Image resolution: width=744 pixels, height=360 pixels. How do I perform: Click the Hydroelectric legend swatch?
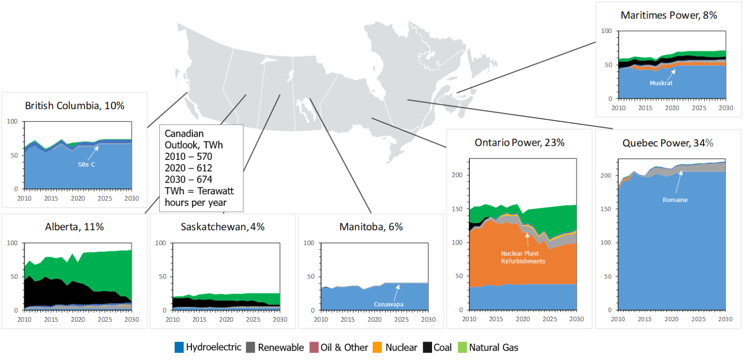(x=179, y=347)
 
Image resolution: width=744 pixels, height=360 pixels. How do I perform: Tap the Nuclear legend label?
(x=400, y=347)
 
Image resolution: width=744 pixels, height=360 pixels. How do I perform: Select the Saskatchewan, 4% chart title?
(x=222, y=227)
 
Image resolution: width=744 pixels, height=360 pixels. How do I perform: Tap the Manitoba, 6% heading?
(x=371, y=227)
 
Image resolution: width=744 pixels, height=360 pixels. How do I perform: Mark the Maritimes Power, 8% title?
(x=668, y=15)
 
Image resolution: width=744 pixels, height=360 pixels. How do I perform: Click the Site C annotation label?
(x=86, y=164)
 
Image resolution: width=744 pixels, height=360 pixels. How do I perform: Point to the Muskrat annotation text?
(x=661, y=83)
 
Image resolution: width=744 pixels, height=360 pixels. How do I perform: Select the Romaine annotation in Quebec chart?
(x=674, y=200)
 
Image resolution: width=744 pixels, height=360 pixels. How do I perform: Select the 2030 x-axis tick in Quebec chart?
(x=725, y=320)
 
